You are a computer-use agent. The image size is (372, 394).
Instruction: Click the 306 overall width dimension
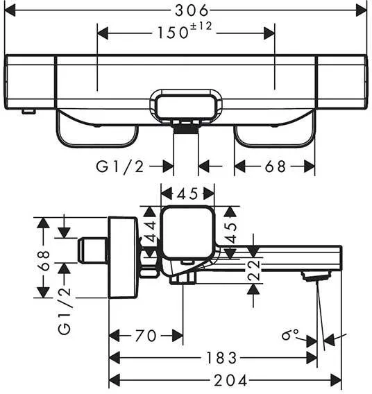(192, 10)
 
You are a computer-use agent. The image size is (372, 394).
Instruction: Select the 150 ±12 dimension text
(185, 31)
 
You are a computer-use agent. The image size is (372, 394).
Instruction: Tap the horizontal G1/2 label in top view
(120, 166)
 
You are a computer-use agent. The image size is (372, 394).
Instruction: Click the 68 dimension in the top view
(276, 166)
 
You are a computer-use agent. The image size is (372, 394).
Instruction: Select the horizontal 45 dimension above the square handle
(187, 194)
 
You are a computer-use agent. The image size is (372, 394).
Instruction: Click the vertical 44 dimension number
(151, 232)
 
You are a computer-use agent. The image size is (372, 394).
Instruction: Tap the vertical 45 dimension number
(231, 233)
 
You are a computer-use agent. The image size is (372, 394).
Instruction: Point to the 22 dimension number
(254, 271)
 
